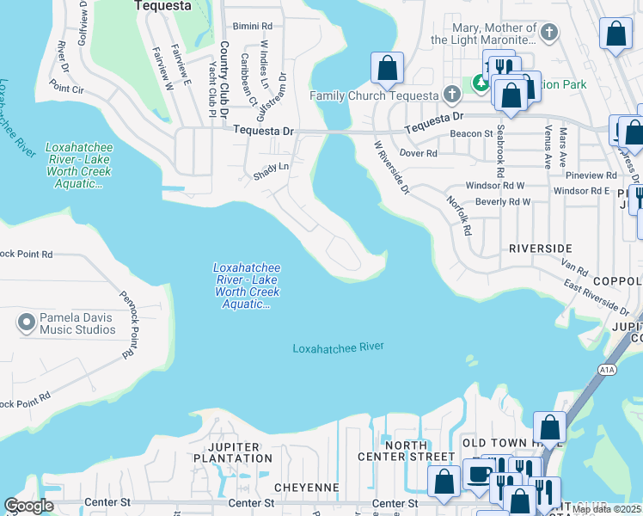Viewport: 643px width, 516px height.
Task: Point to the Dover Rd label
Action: pyautogui.click(x=419, y=154)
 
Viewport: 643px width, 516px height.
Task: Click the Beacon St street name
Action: pyautogui.click(x=471, y=134)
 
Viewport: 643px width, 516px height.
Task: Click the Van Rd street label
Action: pyautogui.click(x=573, y=272)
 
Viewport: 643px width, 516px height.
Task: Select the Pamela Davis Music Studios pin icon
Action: pyautogui.click(x=26, y=323)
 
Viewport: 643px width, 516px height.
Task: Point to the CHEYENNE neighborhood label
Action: pyautogui.click(x=306, y=488)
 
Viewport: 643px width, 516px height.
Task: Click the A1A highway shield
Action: pyautogui.click(x=606, y=371)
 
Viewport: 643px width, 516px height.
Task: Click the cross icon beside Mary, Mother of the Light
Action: pyautogui.click(x=550, y=34)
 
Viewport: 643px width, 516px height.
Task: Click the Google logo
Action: pyautogui.click(x=28, y=506)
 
